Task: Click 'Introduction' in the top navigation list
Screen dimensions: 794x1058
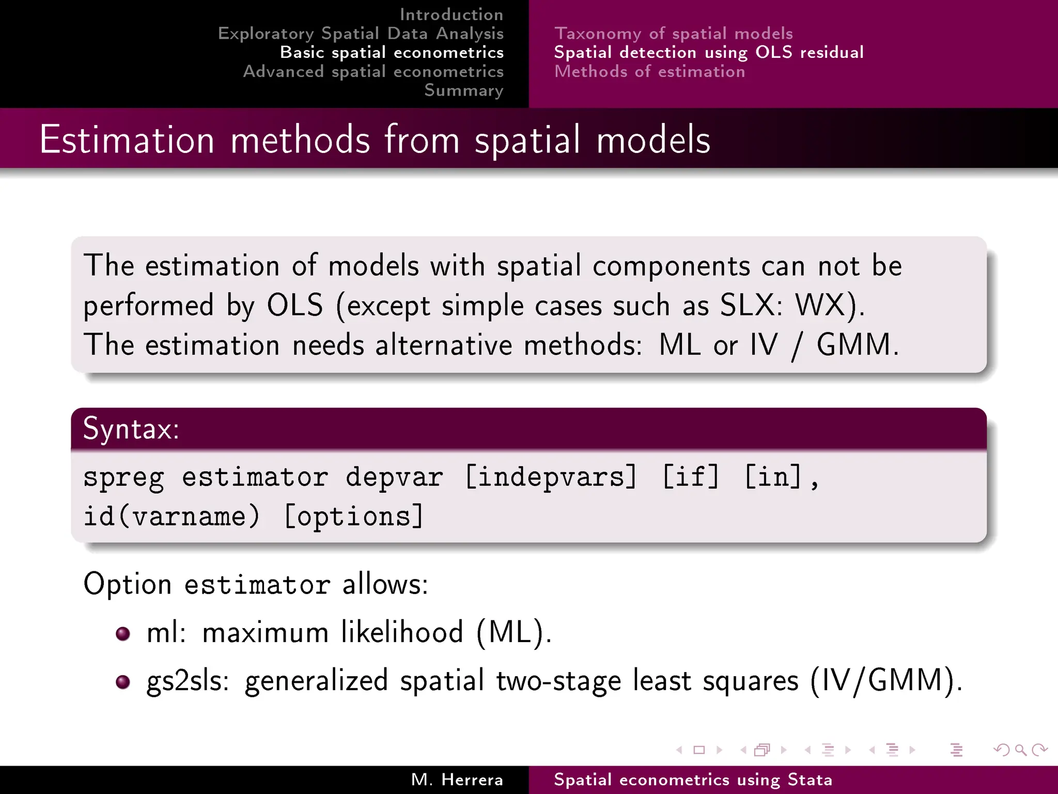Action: click(x=451, y=14)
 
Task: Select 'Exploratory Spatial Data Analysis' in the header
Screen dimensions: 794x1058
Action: click(x=361, y=34)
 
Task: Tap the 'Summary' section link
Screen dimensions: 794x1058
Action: click(x=463, y=90)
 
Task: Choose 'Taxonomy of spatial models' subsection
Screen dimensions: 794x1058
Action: click(x=673, y=34)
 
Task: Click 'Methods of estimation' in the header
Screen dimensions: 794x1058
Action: click(x=649, y=71)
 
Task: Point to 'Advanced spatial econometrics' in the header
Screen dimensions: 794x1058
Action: click(x=373, y=71)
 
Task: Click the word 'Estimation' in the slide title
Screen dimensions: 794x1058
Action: click(x=127, y=140)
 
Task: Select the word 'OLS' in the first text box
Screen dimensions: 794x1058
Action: click(x=294, y=305)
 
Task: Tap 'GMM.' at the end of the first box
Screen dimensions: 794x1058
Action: click(x=858, y=345)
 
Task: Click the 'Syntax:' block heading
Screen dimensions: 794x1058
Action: click(x=131, y=429)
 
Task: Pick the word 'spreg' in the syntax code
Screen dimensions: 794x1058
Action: click(x=124, y=477)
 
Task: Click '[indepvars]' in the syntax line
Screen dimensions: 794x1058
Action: click(x=551, y=477)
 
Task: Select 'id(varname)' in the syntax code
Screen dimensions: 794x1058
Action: click(x=172, y=516)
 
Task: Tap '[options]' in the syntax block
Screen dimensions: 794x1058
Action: click(x=354, y=516)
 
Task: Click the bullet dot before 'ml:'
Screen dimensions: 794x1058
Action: click(x=123, y=633)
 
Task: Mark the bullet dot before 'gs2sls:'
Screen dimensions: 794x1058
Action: click(x=123, y=682)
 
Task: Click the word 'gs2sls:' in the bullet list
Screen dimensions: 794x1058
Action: click(x=188, y=681)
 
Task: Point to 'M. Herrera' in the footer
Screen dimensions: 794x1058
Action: click(x=457, y=780)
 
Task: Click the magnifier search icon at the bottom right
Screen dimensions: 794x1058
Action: click(x=1020, y=750)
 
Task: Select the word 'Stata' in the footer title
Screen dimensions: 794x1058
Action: click(x=810, y=780)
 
